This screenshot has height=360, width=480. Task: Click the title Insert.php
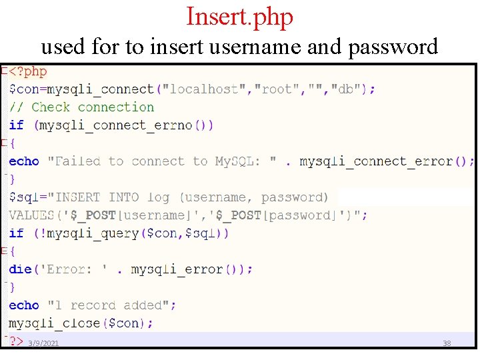[x=239, y=17]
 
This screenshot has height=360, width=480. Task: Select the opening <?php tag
[x=27, y=71]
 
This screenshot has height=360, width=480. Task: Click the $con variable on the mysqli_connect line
[x=21, y=89]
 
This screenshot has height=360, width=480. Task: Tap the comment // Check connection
[x=81, y=107]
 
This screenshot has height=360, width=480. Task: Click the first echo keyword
[x=24, y=161]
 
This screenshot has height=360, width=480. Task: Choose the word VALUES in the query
[x=31, y=215]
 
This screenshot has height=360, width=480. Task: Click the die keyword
[x=20, y=269]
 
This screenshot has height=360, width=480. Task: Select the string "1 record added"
[x=112, y=305]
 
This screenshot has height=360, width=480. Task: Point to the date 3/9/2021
[x=43, y=343]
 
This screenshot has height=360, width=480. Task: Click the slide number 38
[x=447, y=343]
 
